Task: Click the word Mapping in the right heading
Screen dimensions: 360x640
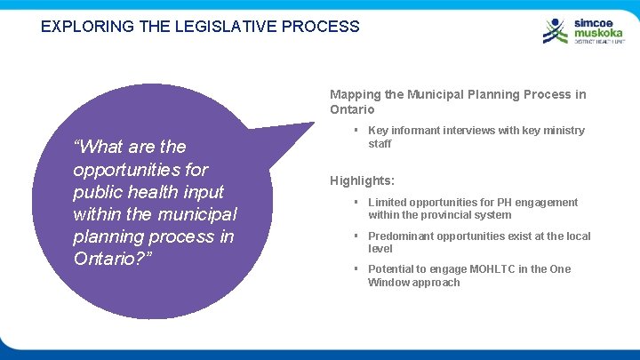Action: pyautogui.click(x=354, y=94)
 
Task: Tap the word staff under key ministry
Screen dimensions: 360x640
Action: pyautogui.click(x=380, y=144)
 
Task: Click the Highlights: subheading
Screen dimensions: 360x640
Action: pyautogui.click(x=362, y=180)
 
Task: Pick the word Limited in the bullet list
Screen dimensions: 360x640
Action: pyautogui.click(x=388, y=203)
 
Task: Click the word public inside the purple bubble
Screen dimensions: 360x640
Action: pyautogui.click(x=99, y=192)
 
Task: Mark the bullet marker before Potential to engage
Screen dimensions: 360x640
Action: pyautogui.click(x=356, y=269)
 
